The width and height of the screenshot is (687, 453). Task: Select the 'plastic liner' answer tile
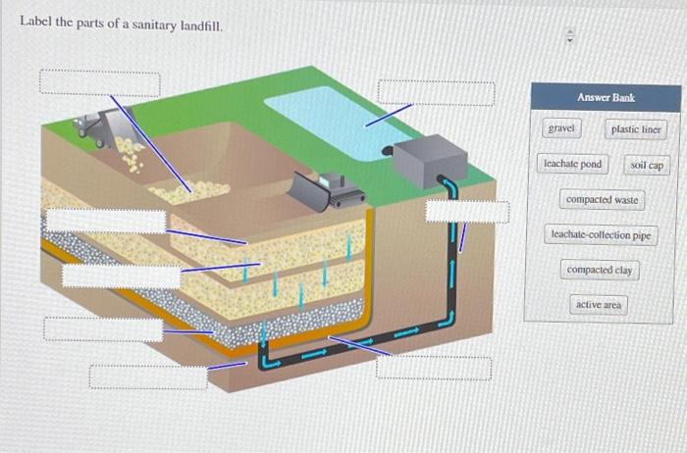636,129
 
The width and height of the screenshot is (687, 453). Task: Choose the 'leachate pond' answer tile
572,164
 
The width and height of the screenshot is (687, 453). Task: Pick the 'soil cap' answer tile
647,165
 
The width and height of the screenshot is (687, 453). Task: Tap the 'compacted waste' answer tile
602,200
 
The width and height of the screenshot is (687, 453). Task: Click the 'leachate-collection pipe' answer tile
601,235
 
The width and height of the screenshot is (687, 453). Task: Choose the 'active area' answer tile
598,305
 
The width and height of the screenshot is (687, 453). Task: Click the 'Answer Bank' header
605,98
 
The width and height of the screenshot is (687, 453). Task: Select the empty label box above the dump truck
99,82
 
